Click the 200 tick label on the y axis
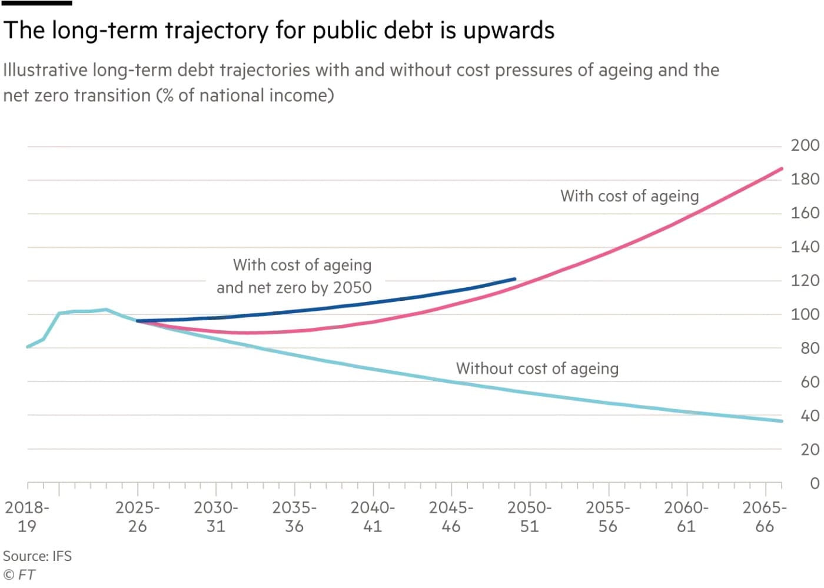[x=805, y=145]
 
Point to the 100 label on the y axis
[x=805, y=314]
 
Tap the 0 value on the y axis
[x=814, y=484]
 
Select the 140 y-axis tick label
[x=805, y=247]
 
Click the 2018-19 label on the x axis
[x=27, y=516]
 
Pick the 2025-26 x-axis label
[x=137, y=516]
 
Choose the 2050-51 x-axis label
[x=529, y=516]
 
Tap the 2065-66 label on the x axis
[x=764, y=516]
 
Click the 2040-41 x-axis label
[x=373, y=516]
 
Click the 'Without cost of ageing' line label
[x=537, y=368]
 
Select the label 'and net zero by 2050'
[x=294, y=287]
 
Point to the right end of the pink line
[x=782, y=169]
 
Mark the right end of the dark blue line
[x=514, y=279]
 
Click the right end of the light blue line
[x=782, y=421]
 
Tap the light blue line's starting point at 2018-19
[x=28, y=347]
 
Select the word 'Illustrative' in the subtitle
[x=45, y=70]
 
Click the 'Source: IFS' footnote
[x=37, y=556]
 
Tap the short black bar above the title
[x=36, y=3]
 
